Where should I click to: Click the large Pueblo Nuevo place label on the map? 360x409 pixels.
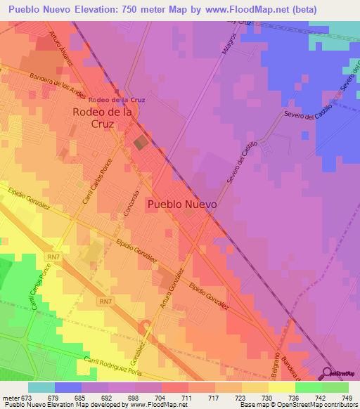pyautogui.click(x=182, y=204)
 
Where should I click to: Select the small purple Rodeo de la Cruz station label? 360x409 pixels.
pyautogui.click(x=117, y=100)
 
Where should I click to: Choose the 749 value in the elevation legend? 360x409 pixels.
pyautogui.click(x=343, y=398)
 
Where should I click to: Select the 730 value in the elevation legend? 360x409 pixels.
pyautogui.click(x=257, y=398)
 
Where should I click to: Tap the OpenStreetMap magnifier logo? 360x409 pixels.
pyautogui.click(x=329, y=373)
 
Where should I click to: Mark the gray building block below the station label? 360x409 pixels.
pyautogui.click(x=141, y=142)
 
